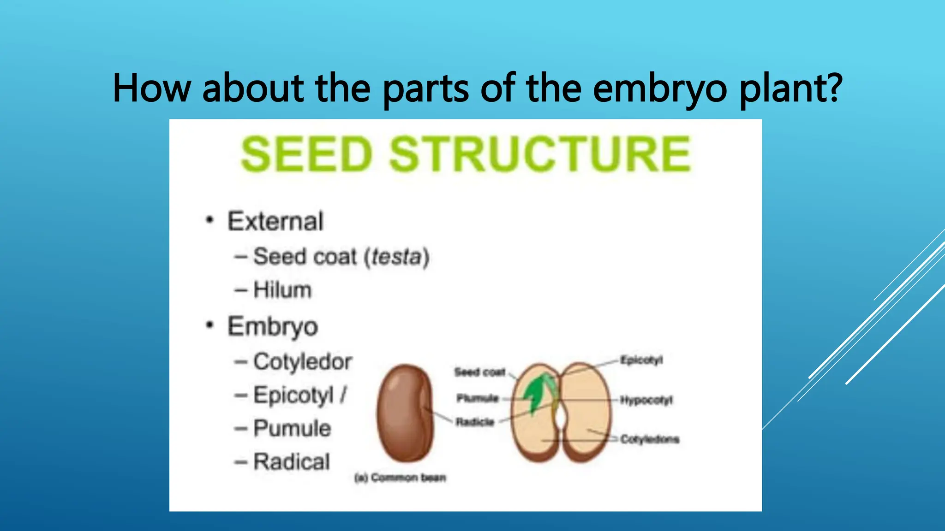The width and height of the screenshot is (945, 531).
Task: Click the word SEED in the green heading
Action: [x=306, y=154]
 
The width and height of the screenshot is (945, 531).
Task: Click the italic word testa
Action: [x=396, y=257]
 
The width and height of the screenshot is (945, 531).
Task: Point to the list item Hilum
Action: [x=282, y=290]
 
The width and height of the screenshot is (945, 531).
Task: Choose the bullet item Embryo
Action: [x=273, y=326]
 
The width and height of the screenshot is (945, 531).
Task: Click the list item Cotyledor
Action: [x=302, y=361]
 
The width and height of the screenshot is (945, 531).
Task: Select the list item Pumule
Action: [x=292, y=428]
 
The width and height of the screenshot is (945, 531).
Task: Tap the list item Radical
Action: [x=292, y=462]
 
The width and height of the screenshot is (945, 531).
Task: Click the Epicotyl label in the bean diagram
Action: [x=641, y=360]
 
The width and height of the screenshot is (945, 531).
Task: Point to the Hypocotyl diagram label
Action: [x=646, y=400]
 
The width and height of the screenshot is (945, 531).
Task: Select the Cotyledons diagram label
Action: [x=649, y=439]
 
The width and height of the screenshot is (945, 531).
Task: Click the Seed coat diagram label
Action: [x=479, y=372]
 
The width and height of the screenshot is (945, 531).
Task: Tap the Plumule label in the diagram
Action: [x=478, y=398]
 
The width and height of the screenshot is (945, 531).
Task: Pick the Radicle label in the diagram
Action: [x=475, y=422]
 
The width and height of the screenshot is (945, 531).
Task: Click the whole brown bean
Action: [x=405, y=413]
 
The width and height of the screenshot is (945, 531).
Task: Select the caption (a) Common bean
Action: [x=400, y=478]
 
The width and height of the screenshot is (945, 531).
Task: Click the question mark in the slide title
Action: [x=833, y=88]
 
